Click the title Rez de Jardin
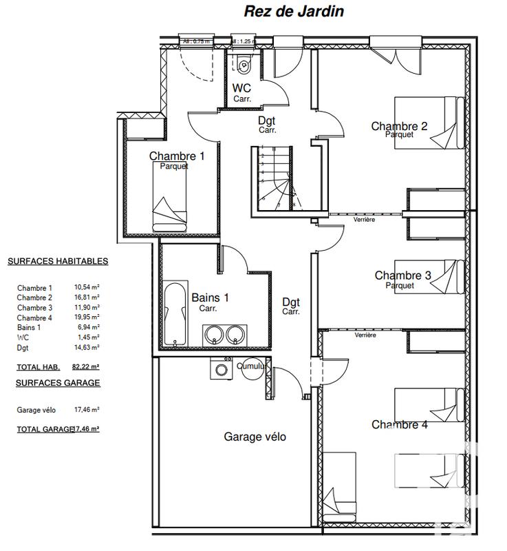point(294,12)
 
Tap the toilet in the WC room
point(244,64)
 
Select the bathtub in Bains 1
point(175,313)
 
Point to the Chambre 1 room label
point(177,156)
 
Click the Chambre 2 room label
point(399,126)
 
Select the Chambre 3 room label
point(402,275)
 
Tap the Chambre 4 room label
point(399,425)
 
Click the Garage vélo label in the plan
point(255,437)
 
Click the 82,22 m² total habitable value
point(87,367)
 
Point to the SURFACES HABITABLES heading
point(58,262)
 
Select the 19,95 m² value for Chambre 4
point(87,318)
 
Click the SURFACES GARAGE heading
point(54,383)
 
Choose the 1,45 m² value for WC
point(87,337)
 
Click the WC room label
point(241,88)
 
